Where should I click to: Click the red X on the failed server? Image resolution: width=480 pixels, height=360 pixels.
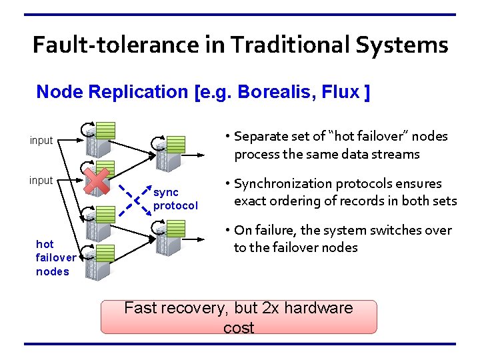[97, 181]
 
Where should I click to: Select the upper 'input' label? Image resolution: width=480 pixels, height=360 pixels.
[41, 141]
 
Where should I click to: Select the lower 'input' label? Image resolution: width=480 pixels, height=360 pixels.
[41, 180]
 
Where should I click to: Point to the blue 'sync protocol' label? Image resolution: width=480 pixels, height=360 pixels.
[175, 199]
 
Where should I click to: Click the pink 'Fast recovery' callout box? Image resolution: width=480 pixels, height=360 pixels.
[239, 317]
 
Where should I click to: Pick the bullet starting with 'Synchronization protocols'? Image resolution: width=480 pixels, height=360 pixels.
[341, 192]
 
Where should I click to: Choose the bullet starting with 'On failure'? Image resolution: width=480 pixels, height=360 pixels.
[341, 239]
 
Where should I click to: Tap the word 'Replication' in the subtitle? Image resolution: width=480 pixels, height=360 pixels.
[137, 92]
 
